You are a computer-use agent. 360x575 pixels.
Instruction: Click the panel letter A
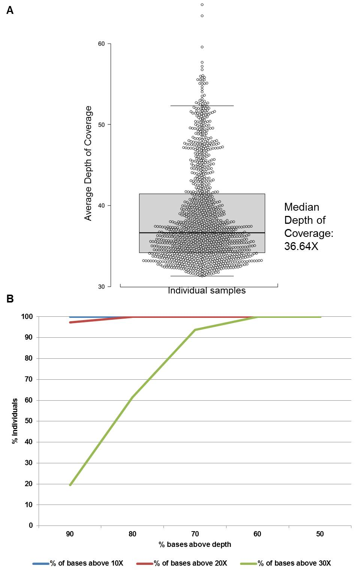pyautogui.click(x=10, y=10)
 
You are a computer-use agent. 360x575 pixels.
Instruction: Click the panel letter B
pyautogui.click(x=10, y=299)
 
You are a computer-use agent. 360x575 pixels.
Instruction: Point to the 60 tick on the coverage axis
pyautogui.click(x=102, y=44)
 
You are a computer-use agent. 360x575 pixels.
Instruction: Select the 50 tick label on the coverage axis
pyautogui.click(x=102, y=125)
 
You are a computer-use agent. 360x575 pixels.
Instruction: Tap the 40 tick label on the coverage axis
pyautogui.click(x=102, y=206)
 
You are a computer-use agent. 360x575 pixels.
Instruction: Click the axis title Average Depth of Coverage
pyautogui.click(x=88, y=163)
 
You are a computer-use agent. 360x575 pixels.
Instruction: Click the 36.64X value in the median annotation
pyautogui.click(x=301, y=246)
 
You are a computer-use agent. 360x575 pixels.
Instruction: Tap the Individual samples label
pyautogui.click(x=207, y=290)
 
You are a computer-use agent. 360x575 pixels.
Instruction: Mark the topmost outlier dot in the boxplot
pyautogui.click(x=202, y=4)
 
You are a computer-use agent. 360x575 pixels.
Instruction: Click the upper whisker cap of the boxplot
pyautogui.click(x=202, y=106)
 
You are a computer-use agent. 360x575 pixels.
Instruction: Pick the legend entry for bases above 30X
pyautogui.click(x=286, y=563)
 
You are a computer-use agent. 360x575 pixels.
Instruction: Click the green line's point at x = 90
pyautogui.click(x=70, y=485)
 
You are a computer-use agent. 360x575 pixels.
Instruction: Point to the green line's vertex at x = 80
pyautogui.click(x=132, y=397)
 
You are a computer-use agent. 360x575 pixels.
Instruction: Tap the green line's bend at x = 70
pyautogui.click(x=195, y=330)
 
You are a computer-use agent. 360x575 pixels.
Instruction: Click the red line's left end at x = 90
pyautogui.click(x=70, y=322)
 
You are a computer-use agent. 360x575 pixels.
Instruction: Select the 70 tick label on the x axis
pyautogui.click(x=195, y=534)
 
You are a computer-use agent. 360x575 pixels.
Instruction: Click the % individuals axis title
pyautogui.click(x=15, y=421)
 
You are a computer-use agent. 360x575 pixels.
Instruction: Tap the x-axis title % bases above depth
pyautogui.click(x=195, y=545)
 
